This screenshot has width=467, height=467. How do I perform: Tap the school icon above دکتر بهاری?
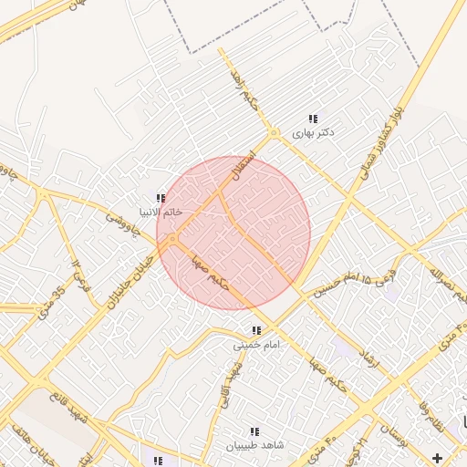313,119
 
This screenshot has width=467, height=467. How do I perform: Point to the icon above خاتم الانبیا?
161,199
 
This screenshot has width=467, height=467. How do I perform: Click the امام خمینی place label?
256,345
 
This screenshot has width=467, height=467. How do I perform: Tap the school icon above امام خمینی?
256,330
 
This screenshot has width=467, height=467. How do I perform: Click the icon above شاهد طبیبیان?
254,431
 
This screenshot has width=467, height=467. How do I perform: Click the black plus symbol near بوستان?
439,457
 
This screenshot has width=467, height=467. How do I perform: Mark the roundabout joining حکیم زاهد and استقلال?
273,134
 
